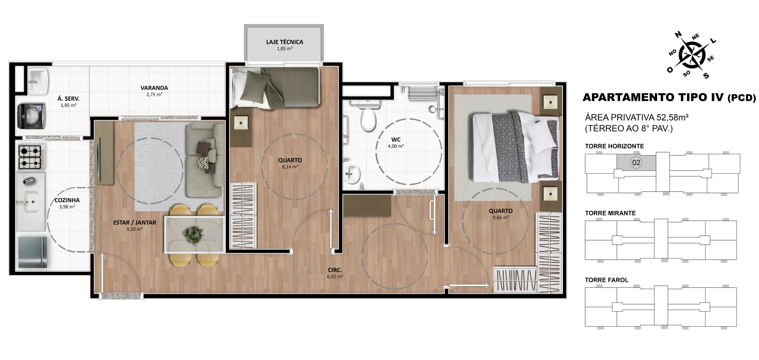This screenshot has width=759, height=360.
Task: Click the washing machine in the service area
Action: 31,116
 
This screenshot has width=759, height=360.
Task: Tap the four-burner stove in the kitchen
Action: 30,157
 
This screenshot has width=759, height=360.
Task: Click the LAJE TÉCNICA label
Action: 285,42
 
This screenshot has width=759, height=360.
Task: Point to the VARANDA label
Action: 154,88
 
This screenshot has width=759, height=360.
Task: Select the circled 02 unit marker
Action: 636,163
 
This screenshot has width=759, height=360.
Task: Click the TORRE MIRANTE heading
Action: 610,213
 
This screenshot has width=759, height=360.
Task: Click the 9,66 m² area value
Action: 501,217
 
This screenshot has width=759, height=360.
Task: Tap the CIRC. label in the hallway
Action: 335,270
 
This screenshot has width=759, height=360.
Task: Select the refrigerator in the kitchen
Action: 32,252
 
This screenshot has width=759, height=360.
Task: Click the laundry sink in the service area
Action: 37,81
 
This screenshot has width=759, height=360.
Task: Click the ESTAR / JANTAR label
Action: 135,222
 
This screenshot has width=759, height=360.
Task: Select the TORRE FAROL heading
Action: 607,280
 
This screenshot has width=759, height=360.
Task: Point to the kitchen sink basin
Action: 31,201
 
